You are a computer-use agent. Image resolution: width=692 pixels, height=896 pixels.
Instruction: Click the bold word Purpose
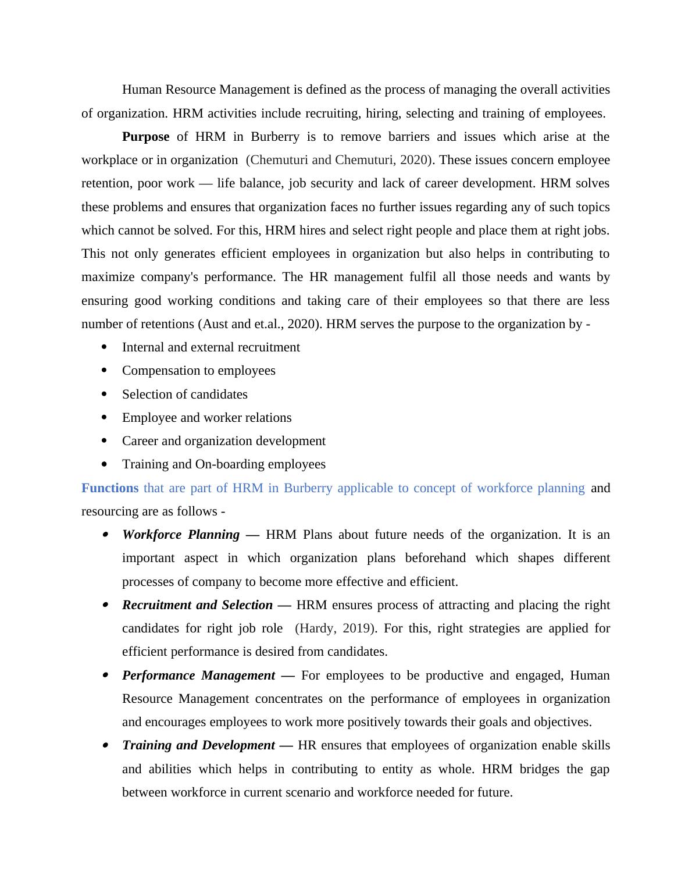(145, 137)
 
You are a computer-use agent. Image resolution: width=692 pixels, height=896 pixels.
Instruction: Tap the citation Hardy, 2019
(336, 628)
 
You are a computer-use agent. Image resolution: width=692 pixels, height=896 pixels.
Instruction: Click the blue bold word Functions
(110, 488)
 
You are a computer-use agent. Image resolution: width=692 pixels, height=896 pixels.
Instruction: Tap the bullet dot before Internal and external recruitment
(104, 347)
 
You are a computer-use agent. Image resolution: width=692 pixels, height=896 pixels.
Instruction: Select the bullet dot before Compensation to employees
(104, 371)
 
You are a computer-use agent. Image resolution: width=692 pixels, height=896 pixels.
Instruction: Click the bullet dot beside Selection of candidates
(104, 394)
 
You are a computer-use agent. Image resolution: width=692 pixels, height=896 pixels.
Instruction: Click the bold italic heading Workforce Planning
(181, 535)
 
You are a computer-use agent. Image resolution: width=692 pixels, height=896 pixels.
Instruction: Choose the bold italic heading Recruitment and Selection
(197, 605)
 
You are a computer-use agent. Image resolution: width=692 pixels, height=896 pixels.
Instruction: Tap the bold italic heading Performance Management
(198, 675)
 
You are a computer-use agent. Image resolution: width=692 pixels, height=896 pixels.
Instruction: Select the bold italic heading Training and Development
(198, 745)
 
